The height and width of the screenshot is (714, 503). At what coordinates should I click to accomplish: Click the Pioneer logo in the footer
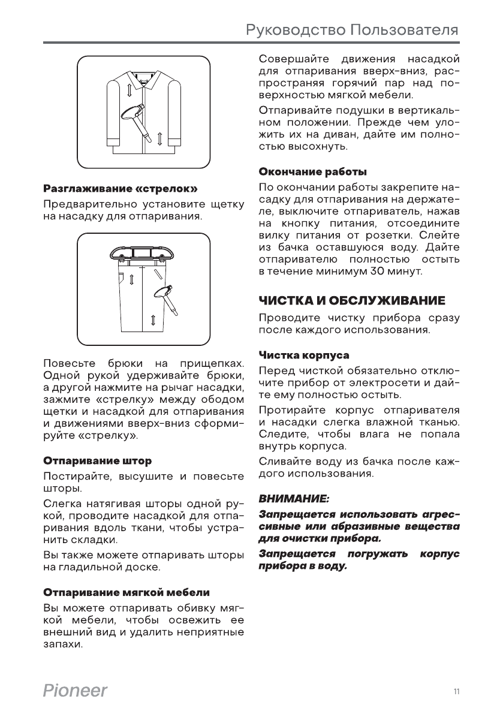[75, 691]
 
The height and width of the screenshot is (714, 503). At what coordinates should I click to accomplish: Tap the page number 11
[457, 692]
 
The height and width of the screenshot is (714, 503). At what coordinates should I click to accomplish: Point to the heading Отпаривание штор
[97, 461]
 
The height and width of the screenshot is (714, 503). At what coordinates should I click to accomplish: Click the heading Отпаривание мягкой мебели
[126, 592]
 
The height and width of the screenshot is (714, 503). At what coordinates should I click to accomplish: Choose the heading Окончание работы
[312, 172]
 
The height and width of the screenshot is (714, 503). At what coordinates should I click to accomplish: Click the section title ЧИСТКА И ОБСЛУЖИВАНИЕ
[352, 300]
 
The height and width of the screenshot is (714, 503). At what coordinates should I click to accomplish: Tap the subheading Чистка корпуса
[304, 355]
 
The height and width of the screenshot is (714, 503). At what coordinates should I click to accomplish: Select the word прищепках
[210, 364]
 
